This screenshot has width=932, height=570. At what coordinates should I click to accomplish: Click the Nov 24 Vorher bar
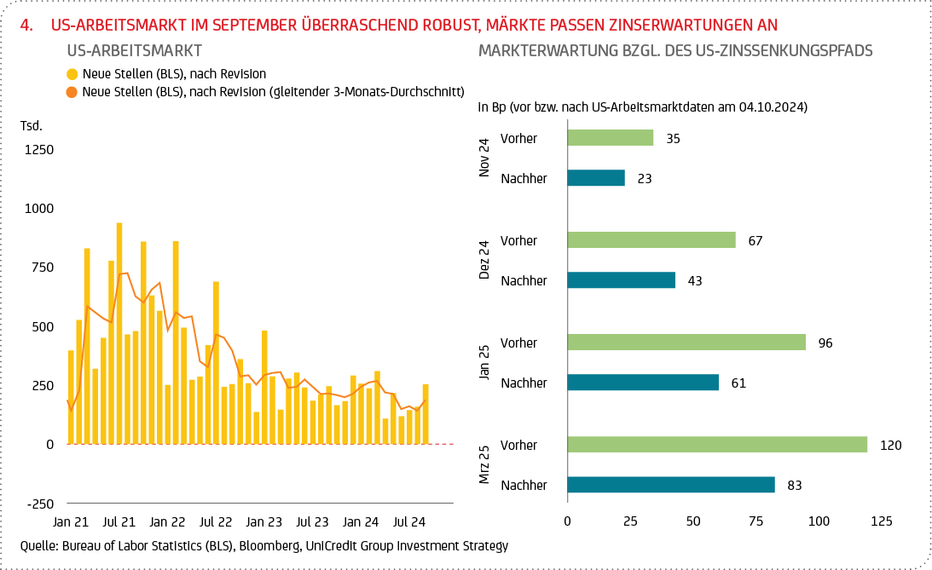611,138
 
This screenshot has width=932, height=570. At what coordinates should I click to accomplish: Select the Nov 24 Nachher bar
596,178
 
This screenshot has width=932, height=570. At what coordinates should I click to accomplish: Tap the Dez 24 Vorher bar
651,240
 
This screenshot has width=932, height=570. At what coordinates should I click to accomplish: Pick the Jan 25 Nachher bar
643,383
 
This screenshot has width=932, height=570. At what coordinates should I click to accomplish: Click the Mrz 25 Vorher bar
717,445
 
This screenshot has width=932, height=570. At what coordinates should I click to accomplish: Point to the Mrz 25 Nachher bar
671,485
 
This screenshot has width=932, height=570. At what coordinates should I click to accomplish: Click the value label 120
891,445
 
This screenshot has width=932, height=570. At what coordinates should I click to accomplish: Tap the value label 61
738,383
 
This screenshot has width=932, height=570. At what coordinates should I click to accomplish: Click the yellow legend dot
72,74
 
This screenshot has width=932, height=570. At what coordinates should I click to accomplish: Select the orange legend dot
72,91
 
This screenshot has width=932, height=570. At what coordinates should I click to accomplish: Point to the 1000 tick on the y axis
39,208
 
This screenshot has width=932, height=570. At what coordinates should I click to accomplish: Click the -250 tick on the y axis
39,504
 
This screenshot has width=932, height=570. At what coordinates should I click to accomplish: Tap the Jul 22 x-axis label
215,520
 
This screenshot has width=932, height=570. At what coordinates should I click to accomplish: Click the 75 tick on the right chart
755,520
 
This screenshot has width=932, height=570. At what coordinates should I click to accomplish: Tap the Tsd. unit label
32,126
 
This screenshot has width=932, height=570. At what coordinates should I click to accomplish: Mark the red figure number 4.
26,25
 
